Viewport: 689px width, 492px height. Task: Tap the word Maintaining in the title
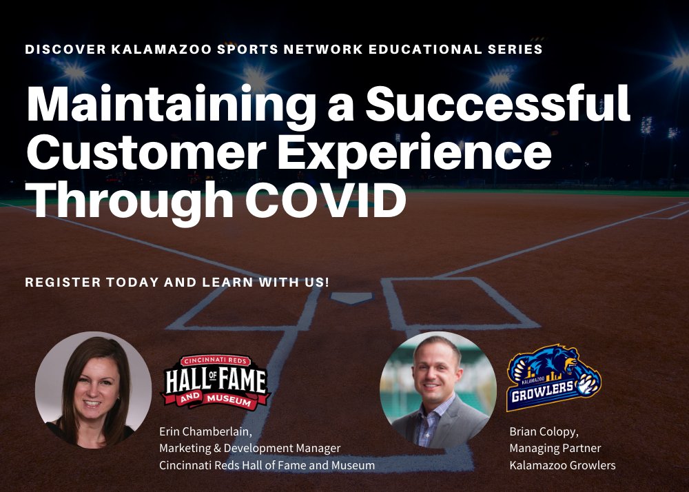pyautogui.click(x=187, y=105)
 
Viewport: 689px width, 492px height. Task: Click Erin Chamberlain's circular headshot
pyautogui.click(x=93, y=389)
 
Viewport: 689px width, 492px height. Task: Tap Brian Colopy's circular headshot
pyautogui.click(x=438, y=389)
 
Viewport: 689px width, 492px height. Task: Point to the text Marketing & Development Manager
pyautogui.click(x=249, y=449)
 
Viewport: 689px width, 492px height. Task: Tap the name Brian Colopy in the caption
pyautogui.click(x=543, y=432)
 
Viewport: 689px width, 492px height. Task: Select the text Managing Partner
pyautogui.click(x=555, y=449)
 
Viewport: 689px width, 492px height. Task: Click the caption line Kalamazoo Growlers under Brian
pyautogui.click(x=562, y=465)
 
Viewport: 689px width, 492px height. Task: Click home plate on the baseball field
pyautogui.click(x=351, y=298)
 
